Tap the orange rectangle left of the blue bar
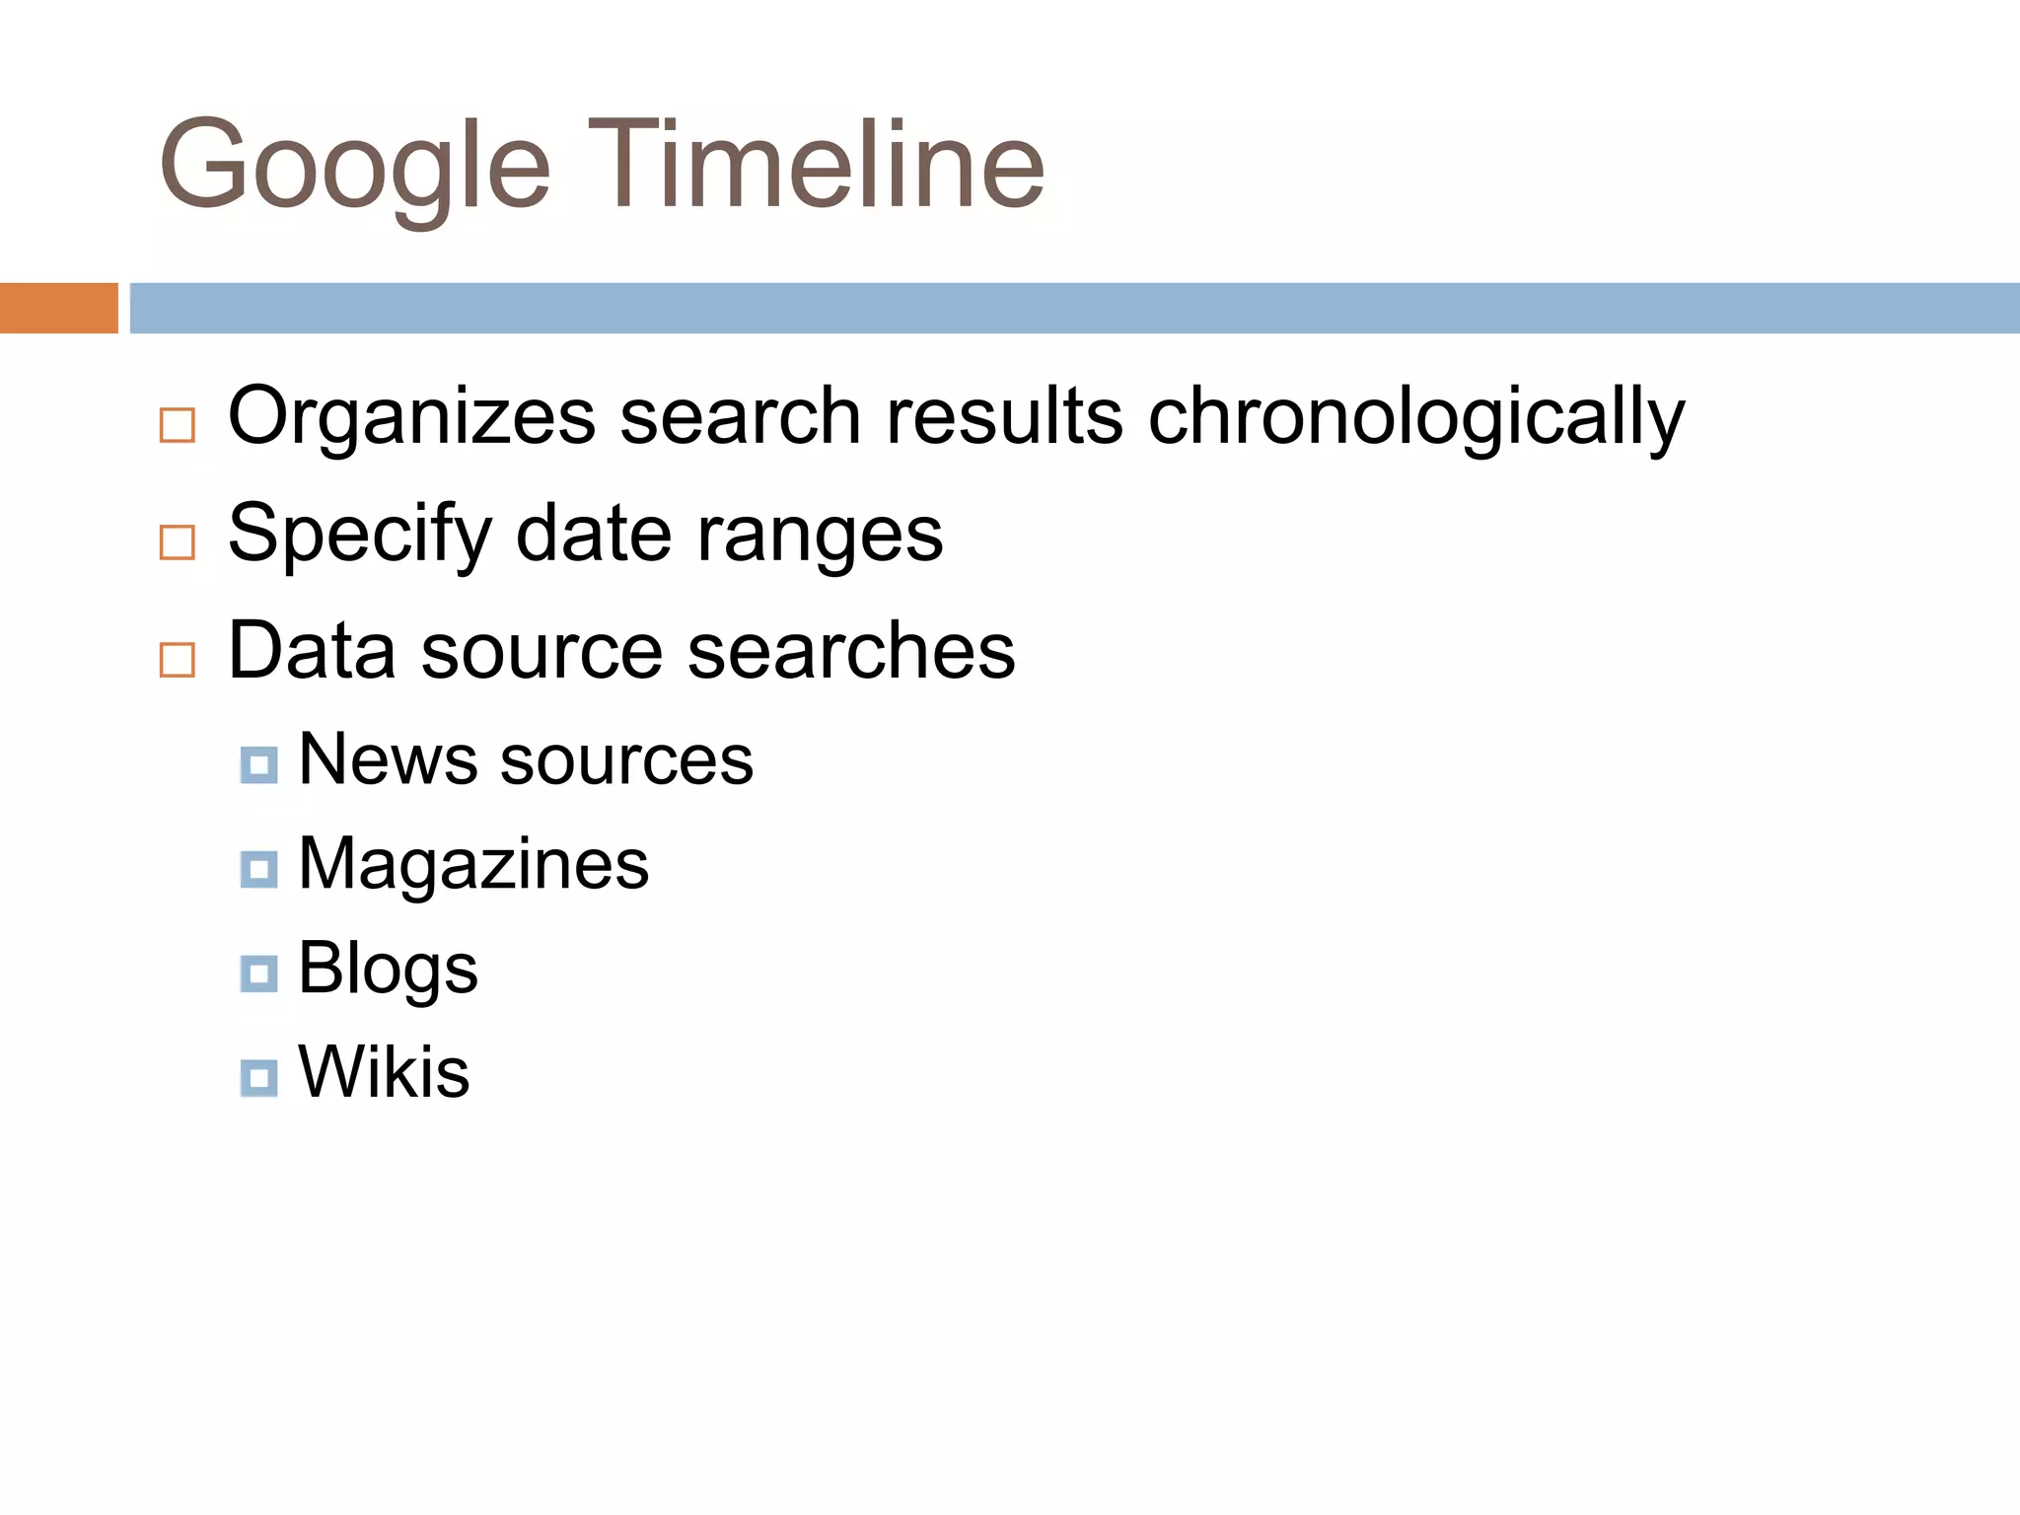[x=58, y=308]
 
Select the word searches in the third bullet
[x=850, y=651]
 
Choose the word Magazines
[x=473, y=865]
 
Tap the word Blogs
[x=388, y=970]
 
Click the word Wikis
[x=384, y=1072]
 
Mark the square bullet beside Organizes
[x=178, y=425]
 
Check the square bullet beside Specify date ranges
[x=178, y=542]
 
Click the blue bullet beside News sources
[x=258, y=765]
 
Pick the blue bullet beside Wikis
[x=258, y=1078]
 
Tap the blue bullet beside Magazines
[x=258, y=870]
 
